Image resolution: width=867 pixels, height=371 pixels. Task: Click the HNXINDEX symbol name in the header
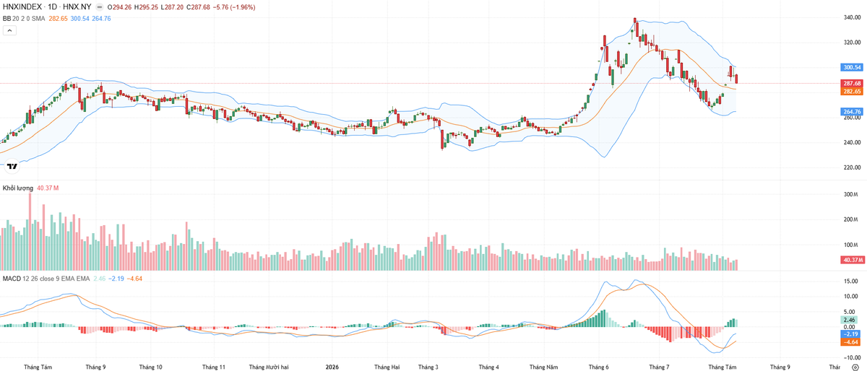(22, 7)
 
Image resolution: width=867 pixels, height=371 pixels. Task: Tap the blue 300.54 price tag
(852, 67)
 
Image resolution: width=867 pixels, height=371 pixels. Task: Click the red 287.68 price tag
(852, 83)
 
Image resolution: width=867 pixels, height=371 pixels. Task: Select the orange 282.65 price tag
(852, 91)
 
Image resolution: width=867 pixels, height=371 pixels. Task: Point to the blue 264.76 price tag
(852, 112)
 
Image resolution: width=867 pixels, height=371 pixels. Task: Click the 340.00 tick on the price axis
(852, 17)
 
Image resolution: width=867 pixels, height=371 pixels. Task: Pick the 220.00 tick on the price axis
(852, 167)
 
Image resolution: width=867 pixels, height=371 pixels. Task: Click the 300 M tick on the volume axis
(851, 194)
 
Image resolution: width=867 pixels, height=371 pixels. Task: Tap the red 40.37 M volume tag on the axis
(852, 260)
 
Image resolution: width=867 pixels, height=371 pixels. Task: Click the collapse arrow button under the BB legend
(9, 30)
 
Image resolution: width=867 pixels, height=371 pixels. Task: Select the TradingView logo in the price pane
(12, 166)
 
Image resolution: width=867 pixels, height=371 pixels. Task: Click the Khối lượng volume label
(18, 188)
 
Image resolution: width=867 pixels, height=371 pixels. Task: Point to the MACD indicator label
(12, 279)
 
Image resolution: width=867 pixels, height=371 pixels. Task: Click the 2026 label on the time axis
(332, 367)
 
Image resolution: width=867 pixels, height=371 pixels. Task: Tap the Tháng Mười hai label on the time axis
(269, 367)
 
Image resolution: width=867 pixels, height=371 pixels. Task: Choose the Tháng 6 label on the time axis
(598, 367)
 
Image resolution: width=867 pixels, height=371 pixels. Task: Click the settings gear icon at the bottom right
(855, 367)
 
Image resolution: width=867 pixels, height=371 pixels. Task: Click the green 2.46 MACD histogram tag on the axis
(849, 320)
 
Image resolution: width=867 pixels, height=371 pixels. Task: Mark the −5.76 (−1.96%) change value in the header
(234, 7)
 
